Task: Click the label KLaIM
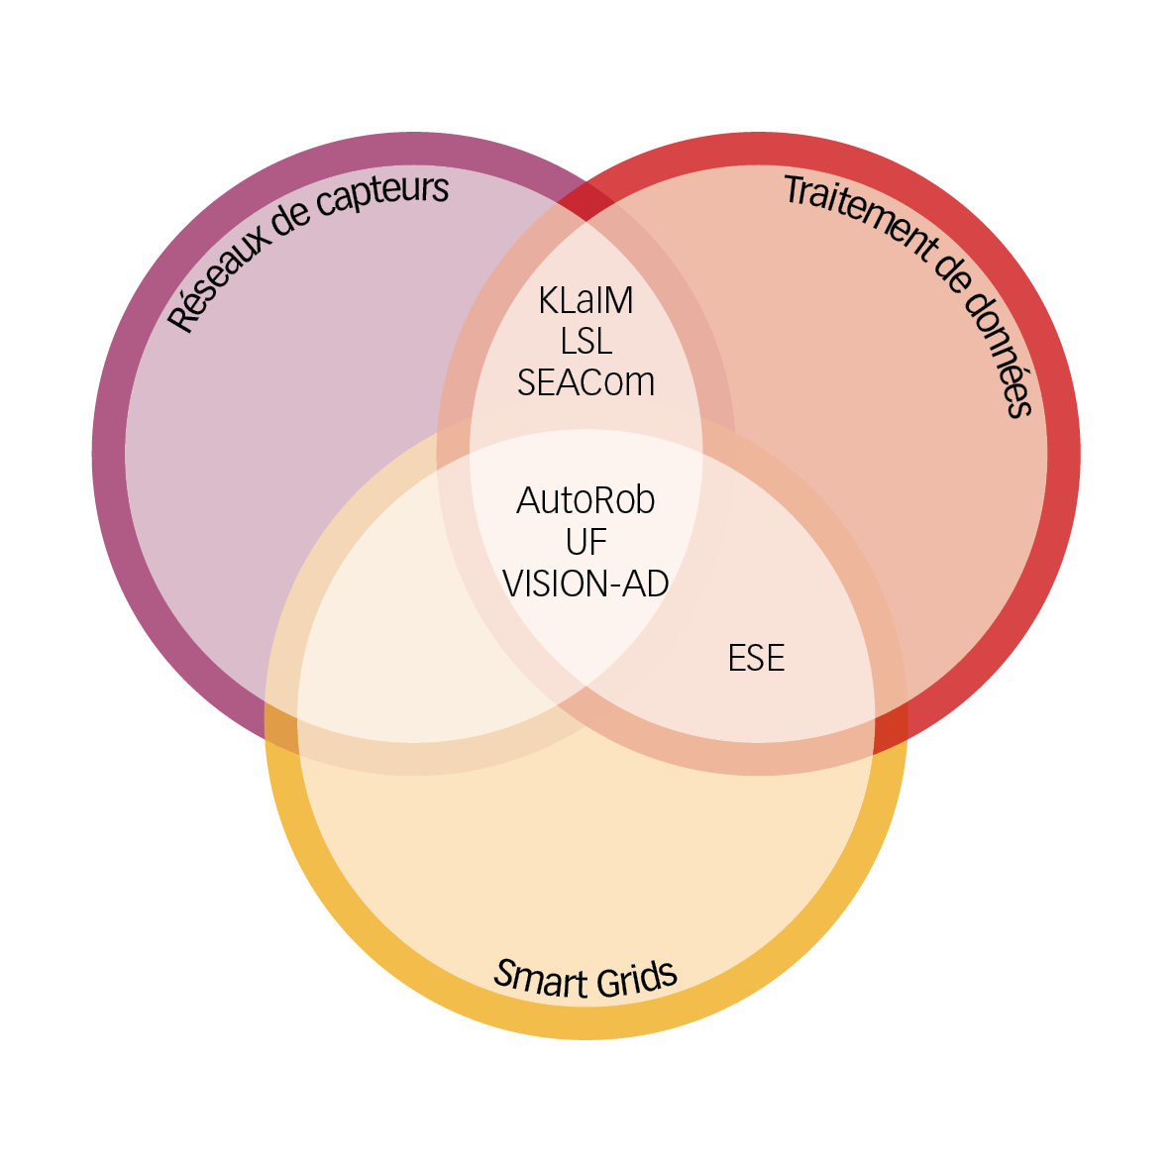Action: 585,300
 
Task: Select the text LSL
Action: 585,342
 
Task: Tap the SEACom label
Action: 585,382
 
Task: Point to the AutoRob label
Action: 585,500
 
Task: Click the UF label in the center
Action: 585,542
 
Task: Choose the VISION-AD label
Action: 585,584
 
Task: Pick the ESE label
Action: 756,659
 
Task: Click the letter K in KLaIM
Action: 549,300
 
